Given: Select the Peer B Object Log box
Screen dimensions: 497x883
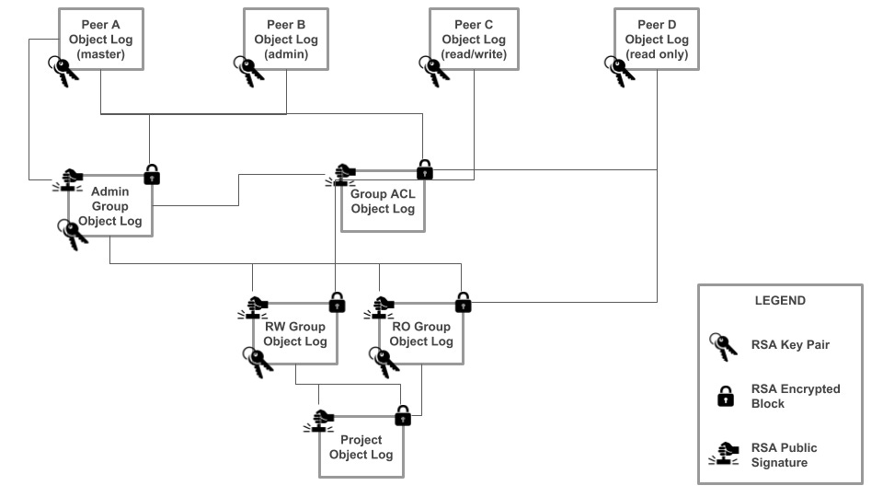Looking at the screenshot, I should point(286,40).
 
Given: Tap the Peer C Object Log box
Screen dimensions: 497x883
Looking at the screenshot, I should point(474,40).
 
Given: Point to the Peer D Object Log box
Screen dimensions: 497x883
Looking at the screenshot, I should point(657,40).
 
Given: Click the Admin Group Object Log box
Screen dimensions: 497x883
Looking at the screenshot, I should point(110,207).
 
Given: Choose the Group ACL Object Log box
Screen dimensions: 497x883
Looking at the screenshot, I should point(383,201).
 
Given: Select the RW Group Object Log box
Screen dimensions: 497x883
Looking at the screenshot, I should point(294,334).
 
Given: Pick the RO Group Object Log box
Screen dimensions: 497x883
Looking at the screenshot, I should point(420,334).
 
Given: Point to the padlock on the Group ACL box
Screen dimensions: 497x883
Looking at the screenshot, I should point(424,169).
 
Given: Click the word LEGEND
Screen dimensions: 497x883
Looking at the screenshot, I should point(779,300).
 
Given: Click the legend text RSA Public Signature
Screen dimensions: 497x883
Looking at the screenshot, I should point(784,455).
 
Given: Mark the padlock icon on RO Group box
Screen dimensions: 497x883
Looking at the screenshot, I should point(463,300).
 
